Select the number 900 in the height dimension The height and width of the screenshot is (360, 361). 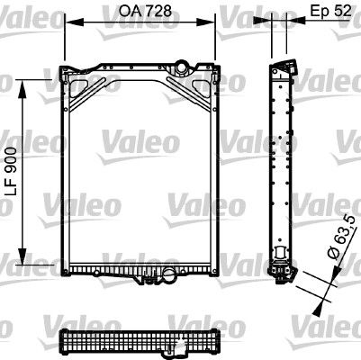point(10,157)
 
